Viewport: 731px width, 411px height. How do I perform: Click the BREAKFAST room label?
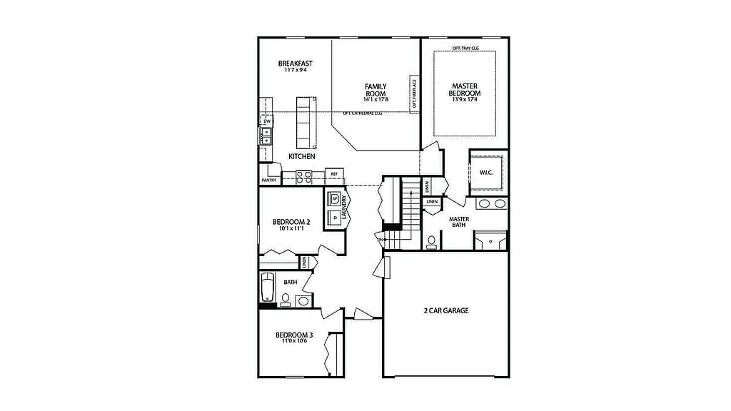pos(295,64)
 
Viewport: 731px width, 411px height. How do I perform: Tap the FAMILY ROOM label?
pos(375,91)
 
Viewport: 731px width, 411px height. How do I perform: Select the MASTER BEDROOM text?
pos(464,90)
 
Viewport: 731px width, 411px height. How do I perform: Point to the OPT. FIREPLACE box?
pos(413,93)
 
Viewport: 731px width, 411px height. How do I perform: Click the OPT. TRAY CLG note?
pos(465,48)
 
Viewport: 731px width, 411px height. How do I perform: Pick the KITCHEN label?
pos(301,156)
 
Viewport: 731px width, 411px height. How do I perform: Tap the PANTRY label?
pos(268,181)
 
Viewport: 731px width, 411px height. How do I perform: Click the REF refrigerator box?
pos(334,174)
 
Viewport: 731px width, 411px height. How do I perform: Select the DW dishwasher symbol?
pos(267,122)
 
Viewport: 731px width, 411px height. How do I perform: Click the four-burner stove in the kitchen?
pos(303,176)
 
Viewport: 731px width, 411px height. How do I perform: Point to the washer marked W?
pos(334,198)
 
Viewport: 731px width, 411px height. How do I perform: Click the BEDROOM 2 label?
pos(293,222)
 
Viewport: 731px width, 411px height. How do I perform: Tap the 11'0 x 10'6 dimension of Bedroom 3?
pos(294,341)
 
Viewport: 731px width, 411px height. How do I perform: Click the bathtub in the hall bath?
pos(267,288)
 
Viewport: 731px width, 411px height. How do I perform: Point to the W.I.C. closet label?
pos(487,172)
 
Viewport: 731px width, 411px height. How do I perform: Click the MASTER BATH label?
pos(458,223)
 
